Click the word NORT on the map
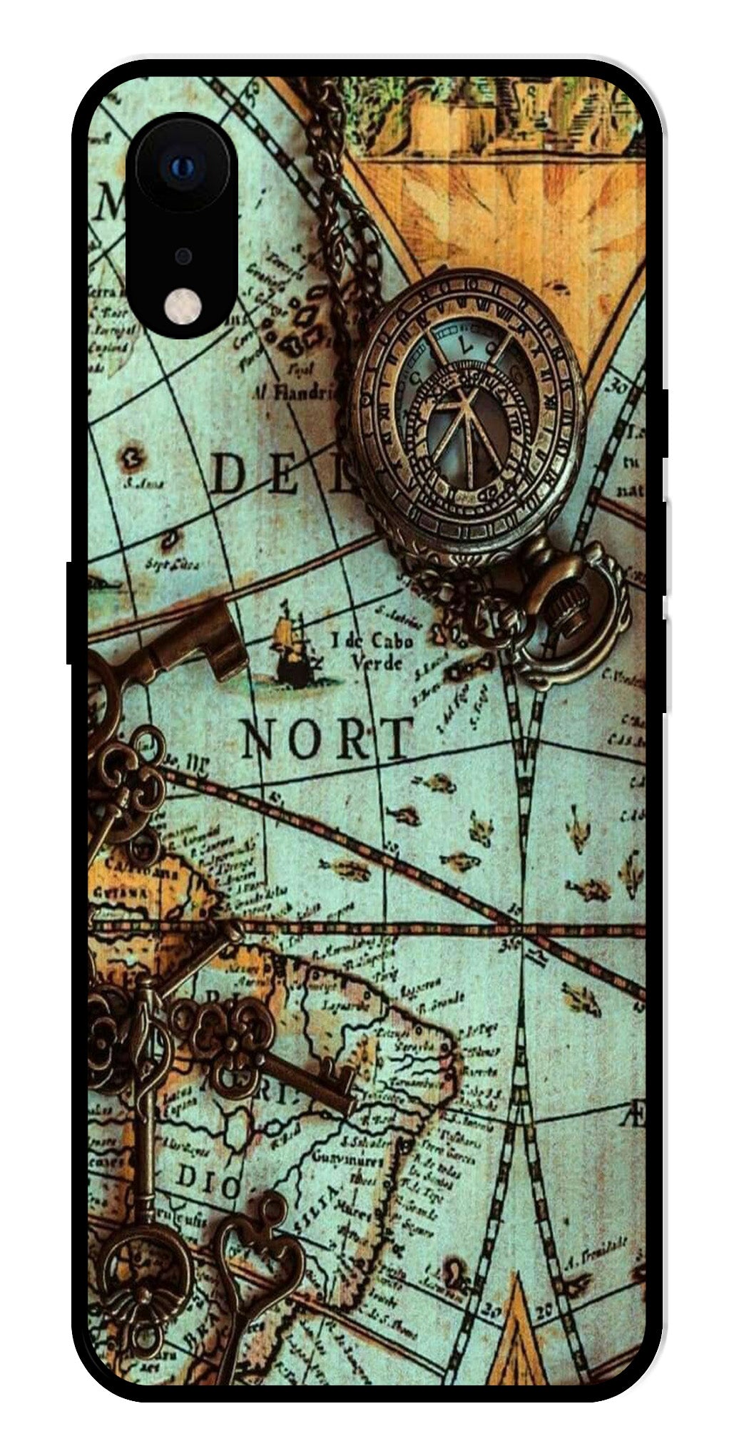coord(327,739)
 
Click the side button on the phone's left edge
coord(71,613)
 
